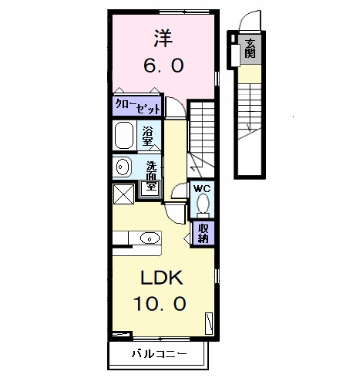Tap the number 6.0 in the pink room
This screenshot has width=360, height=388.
[x=163, y=66]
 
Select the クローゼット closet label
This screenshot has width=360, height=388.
[x=133, y=107]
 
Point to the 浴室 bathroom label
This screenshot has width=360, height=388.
[x=150, y=137]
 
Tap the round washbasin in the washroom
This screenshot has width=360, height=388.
[x=122, y=167]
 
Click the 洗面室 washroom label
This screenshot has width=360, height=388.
[x=152, y=176]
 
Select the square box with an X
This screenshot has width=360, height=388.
[x=123, y=194]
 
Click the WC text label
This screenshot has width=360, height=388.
[x=201, y=188]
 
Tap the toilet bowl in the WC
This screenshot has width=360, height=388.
[x=202, y=204]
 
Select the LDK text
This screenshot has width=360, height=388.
[x=163, y=277]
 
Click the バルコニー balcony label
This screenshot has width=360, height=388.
[x=157, y=355]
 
